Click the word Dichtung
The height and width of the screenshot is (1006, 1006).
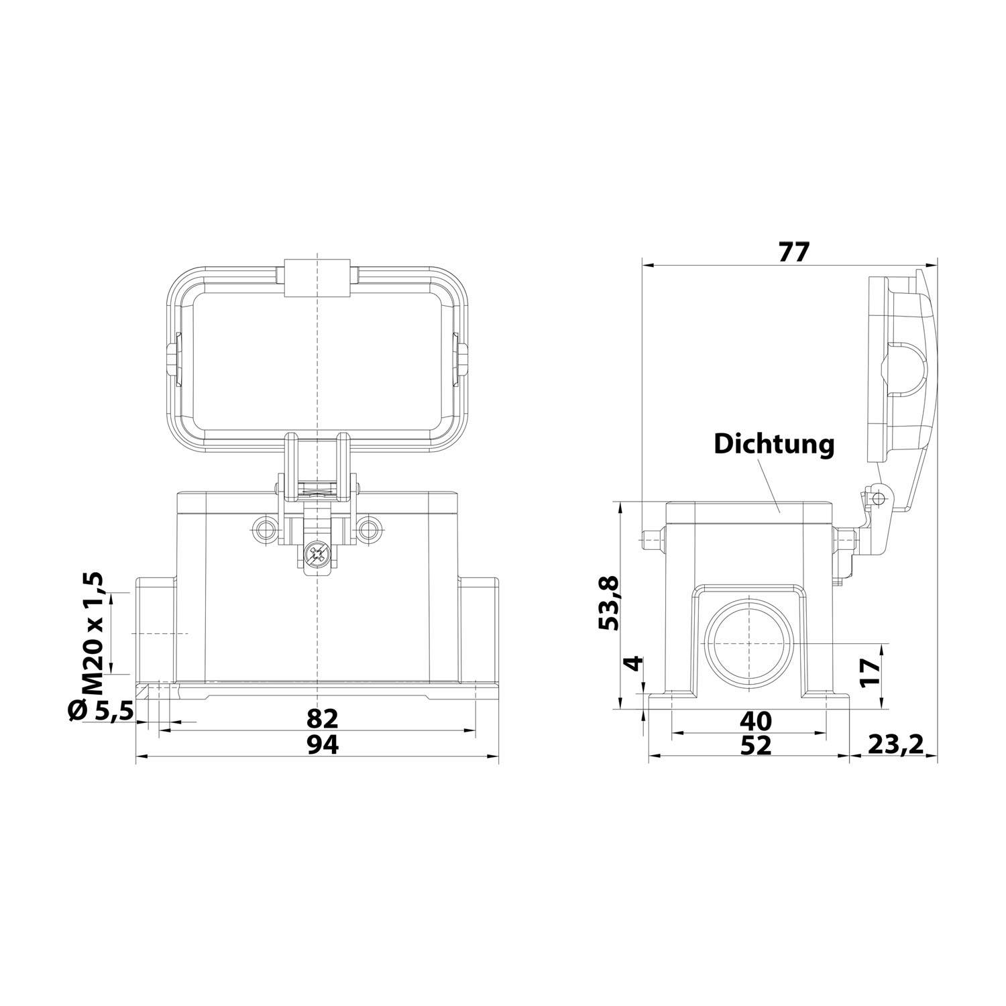pos(774,444)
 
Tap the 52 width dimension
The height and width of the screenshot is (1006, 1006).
pos(755,745)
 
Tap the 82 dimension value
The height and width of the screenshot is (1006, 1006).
pos(323,718)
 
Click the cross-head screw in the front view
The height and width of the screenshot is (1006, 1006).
pos(315,554)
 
